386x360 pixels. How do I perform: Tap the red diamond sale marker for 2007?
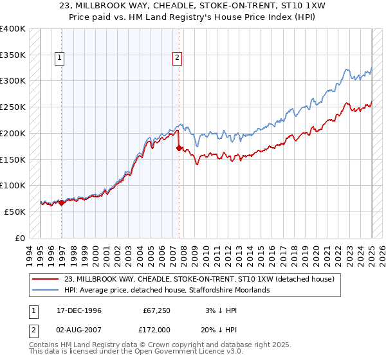pos(178,148)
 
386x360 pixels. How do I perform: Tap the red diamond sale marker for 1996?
pos(62,203)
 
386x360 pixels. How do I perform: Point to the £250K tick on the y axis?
pos(12,107)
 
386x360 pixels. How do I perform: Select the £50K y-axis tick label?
pos(15,212)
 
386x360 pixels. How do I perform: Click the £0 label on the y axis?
pos(19,238)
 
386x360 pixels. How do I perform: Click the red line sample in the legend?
pos(46,279)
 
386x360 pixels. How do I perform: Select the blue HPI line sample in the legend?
pos(46,290)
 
